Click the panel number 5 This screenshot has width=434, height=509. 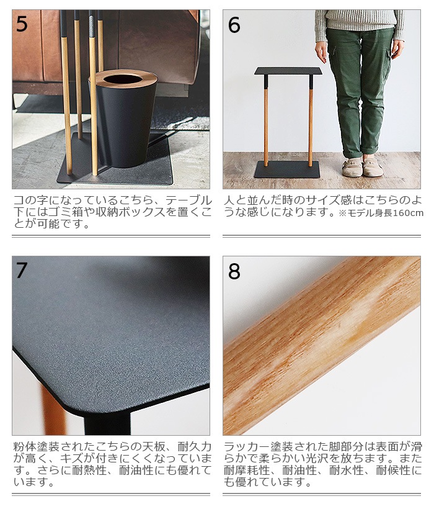(22, 24)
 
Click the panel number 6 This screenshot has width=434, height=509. (234, 25)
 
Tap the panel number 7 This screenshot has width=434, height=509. (22, 271)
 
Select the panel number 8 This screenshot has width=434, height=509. (234, 271)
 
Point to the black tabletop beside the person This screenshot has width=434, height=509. (288, 71)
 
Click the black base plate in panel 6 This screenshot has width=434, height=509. (287, 169)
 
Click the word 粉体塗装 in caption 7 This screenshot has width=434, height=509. (37, 447)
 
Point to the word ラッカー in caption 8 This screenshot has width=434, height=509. (247, 447)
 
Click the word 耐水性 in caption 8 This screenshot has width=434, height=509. (347, 471)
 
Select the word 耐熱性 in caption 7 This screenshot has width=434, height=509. (89, 471)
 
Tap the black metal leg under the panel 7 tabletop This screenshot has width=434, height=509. (107, 423)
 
